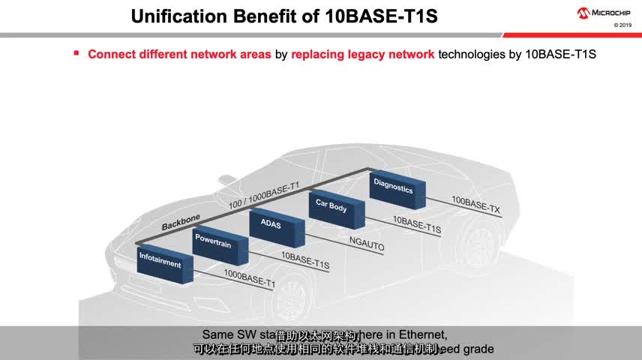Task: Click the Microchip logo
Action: click(604, 13)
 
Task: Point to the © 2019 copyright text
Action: click(622, 25)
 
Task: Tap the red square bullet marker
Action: click(76, 52)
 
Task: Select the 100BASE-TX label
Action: click(475, 205)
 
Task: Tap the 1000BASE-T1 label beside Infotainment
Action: click(250, 279)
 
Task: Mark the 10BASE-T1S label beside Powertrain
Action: click(304, 261)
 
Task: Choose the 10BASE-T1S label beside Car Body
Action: click(417, 223)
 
